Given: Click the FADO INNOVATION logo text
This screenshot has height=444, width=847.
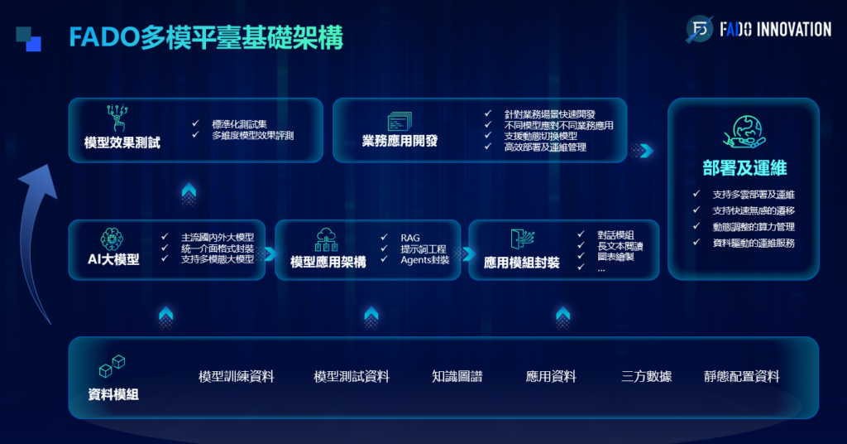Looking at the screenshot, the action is (775, 29).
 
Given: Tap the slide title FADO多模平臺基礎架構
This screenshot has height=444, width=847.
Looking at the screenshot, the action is (206, 38).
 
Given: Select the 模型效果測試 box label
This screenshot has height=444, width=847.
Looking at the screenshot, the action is (122, 142).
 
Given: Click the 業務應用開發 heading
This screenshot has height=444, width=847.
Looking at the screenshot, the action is (400, 141).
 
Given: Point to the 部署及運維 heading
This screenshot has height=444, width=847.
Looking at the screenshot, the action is (744, 168).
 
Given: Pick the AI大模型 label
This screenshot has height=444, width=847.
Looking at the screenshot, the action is (113, 259).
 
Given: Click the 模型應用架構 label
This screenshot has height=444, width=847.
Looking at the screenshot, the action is (328, 263).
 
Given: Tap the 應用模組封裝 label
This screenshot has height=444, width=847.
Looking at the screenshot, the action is (522, 263).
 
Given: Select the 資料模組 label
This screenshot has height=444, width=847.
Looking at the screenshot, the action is (113, 395).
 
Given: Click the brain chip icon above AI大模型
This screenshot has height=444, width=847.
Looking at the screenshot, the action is (112, 239).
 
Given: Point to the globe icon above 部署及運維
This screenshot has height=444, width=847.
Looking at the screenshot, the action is (744, 133).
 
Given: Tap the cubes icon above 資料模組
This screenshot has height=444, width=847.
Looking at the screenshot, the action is (112, 366).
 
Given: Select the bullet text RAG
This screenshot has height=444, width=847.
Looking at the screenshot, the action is (410, 238).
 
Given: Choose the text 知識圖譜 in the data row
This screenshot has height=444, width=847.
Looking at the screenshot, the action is (457, 376).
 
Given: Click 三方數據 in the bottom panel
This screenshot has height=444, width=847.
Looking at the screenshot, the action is (646, 376).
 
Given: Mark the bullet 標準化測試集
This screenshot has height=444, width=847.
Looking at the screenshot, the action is (239, 124).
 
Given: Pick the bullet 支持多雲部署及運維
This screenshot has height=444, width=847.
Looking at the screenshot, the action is (754, 195).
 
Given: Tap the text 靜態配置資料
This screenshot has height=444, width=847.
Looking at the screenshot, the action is (742, 376).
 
